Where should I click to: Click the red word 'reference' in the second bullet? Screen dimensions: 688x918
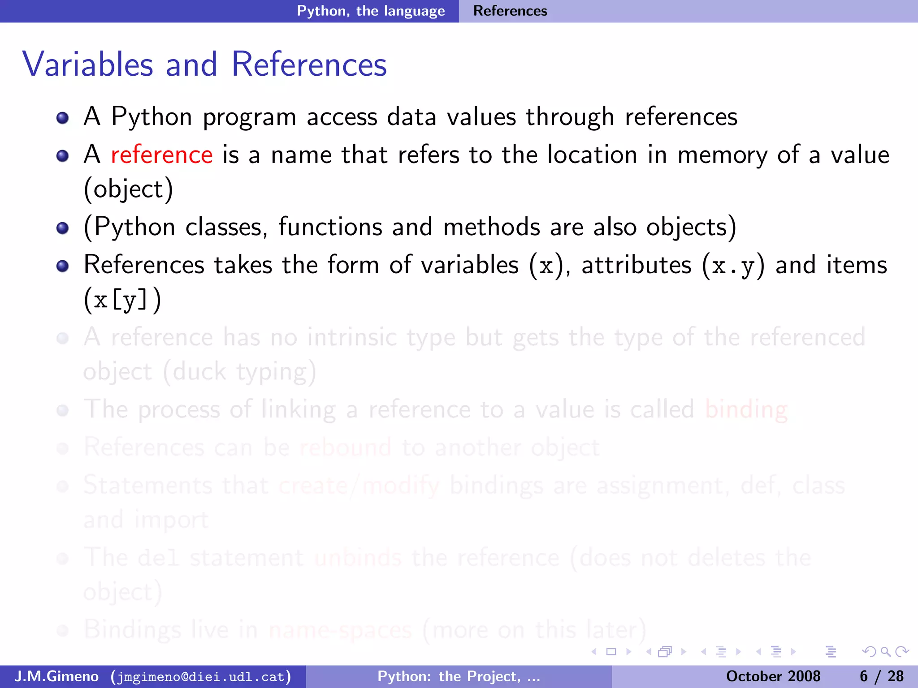coord(161,155)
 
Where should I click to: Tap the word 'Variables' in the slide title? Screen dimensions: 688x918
coord(88,64)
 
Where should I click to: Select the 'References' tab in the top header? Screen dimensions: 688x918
coord(510,11)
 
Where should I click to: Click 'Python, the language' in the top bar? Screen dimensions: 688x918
coord(371,11)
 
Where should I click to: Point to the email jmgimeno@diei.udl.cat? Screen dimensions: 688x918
coord(201,676)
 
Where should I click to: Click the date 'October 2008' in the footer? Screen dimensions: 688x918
coord(773,676)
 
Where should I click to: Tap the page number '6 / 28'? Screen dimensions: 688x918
coord(882,676)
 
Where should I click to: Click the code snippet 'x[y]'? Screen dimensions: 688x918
coord(121,300)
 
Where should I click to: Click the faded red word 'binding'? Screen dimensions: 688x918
coord(746,409)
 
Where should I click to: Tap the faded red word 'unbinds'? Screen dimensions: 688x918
coord(358,558)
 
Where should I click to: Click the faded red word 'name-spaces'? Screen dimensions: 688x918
coord(340,630)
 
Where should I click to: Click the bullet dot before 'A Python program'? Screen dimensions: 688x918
coord(63,118)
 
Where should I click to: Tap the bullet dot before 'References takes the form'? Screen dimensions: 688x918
coord(63,266)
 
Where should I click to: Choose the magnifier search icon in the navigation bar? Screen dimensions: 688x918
coord(885,652)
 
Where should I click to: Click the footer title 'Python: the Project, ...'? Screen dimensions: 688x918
coord(459,676)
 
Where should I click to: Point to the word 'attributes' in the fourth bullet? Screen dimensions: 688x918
coord(637,265)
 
